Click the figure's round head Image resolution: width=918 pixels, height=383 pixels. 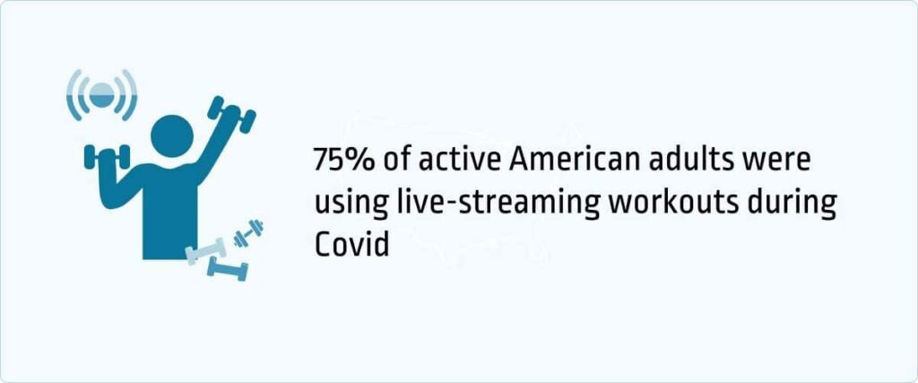(x=172, y=134)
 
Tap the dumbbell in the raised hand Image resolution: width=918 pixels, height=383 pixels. (x=231, y=114)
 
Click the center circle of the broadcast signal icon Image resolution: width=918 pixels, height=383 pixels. (x=103, y=93)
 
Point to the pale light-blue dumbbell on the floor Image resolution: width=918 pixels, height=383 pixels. (x=205, y=250)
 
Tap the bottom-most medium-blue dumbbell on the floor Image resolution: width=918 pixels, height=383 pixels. (x=227, y=268)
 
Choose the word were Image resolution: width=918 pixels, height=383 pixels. (x=779, y=161)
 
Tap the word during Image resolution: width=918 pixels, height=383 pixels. (x=793, y=203)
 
